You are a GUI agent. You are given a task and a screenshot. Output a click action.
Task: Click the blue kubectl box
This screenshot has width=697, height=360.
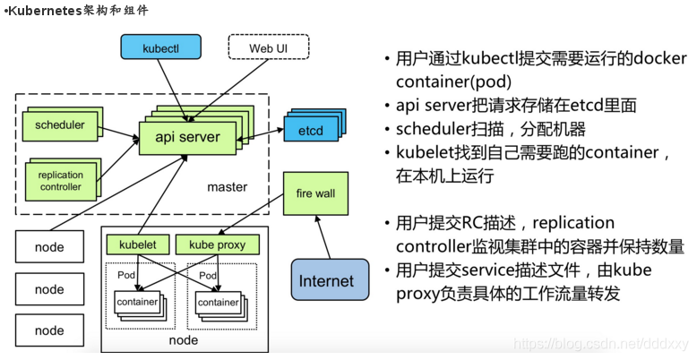point(160,47)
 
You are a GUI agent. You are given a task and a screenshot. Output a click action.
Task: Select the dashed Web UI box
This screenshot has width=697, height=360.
point(267,47)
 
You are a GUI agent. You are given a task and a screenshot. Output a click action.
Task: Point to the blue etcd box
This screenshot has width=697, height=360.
point(310,131)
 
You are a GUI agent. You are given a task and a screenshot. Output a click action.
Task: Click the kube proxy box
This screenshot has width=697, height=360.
point(218,244)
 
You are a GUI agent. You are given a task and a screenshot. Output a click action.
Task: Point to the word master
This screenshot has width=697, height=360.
point(227,188)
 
